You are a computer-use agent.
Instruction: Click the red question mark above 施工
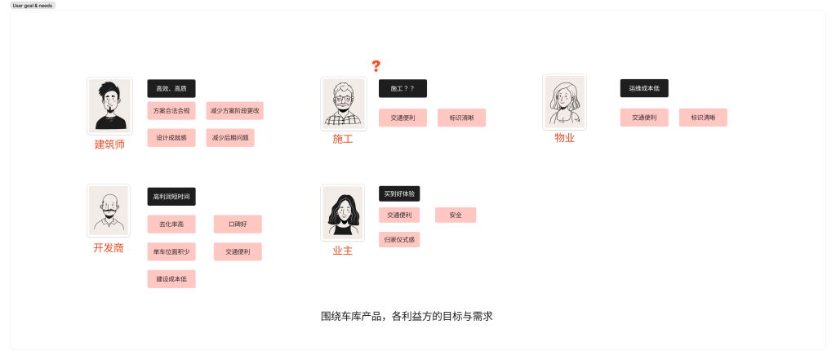376,66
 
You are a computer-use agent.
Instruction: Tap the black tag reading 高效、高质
171,88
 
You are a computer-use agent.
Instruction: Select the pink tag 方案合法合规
171,110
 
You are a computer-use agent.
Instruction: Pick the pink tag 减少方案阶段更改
236,110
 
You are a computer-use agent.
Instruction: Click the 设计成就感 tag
171,138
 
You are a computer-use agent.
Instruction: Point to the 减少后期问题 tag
230,138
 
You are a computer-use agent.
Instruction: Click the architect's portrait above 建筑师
109,105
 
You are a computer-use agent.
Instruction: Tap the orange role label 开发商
109,247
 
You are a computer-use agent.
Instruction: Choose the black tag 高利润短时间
171,197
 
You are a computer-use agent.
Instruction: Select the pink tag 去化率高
171,224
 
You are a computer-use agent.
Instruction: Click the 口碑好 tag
238,224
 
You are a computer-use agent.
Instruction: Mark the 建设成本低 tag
171,279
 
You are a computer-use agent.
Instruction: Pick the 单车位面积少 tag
171,251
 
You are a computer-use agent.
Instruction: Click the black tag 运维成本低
644,88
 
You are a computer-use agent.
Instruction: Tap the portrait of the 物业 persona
564,102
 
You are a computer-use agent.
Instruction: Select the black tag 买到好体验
399,194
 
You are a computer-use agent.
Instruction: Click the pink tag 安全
456,215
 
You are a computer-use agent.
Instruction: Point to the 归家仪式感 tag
399,240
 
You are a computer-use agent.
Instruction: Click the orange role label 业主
343,251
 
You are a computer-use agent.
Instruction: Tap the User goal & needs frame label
33,5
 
